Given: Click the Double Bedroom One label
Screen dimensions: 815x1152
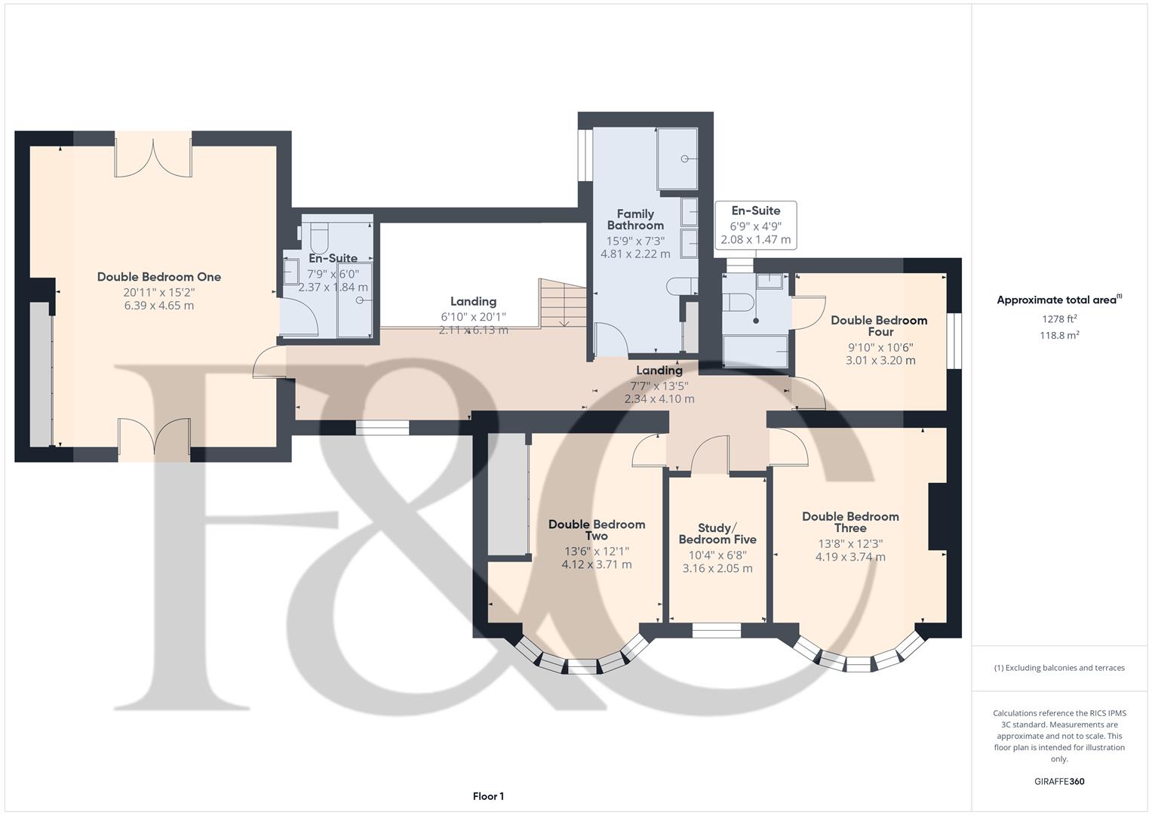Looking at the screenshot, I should tap(158, 277).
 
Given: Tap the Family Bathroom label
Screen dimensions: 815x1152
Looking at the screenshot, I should tap(635, 220).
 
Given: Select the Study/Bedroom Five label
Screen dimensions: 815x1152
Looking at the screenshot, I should tap(717, 534).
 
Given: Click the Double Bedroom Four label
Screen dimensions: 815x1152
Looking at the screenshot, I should tap(879, 326).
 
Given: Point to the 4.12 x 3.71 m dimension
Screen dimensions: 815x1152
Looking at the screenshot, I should tap(596, 564).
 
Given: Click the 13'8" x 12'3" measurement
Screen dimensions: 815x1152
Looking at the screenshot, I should tap(849, 543).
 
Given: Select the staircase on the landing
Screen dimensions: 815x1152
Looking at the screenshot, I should tap(562, 303).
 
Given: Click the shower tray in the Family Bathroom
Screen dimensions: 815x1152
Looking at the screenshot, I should tap(677, 158).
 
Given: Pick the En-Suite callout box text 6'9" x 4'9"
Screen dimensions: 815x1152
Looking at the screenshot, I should tap(755, 226).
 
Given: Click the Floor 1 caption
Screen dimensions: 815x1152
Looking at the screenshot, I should tap(488, 796).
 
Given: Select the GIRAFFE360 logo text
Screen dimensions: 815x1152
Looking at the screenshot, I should tap(1058, 782).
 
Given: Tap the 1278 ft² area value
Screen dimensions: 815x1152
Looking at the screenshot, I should tap(1059, 319).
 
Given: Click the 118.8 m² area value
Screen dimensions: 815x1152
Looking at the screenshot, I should tap(1059, 336).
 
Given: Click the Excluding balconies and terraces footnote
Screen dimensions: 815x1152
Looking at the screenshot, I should tap(1059, 668).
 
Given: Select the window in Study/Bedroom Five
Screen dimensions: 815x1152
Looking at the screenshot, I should tap(717, 630).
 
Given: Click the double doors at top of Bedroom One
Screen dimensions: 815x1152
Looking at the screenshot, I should tap(153, 156).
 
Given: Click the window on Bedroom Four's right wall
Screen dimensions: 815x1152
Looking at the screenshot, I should tap(954, 341).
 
